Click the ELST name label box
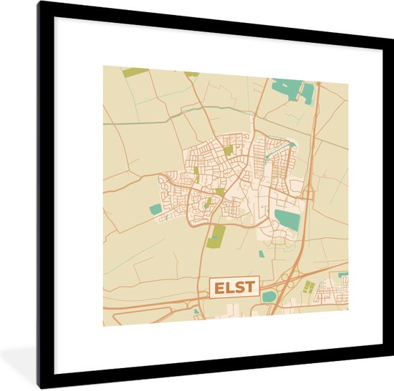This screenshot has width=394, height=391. tap(232, 288)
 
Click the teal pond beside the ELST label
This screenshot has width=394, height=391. tap(269, 296)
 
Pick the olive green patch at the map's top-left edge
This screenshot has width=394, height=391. tap(134, 71)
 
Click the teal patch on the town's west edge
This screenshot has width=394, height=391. tap(155, 209)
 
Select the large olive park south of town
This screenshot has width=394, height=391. tap(216, 235)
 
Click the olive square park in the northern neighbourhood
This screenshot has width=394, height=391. tap(229, 151)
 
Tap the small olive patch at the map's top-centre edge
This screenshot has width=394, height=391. tap(192, 74)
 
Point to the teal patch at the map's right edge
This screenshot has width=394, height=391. tap(343, 274)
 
